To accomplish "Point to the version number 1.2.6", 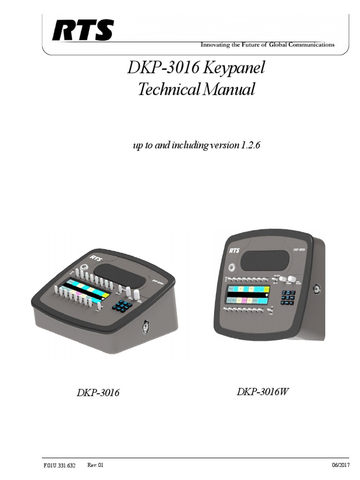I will pos(250,146).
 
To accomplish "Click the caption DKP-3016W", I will pos(262,392).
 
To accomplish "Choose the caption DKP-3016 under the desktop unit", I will pos(98,393).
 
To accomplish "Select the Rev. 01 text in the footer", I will pos(95,465).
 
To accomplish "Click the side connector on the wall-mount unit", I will pos(317,289).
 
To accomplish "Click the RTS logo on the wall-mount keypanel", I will pos(234,250).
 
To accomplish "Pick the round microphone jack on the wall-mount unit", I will pos(232,266).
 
